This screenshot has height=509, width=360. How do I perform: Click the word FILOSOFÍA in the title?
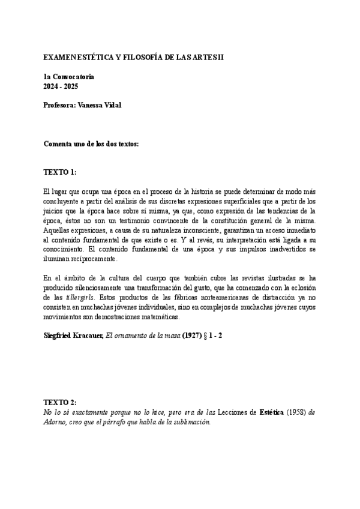pos(139,57)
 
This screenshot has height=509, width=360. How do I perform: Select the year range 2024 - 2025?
pos(61,86)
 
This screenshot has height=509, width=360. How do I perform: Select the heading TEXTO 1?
pos(60,172)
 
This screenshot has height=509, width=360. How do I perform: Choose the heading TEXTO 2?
pos(60,402)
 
